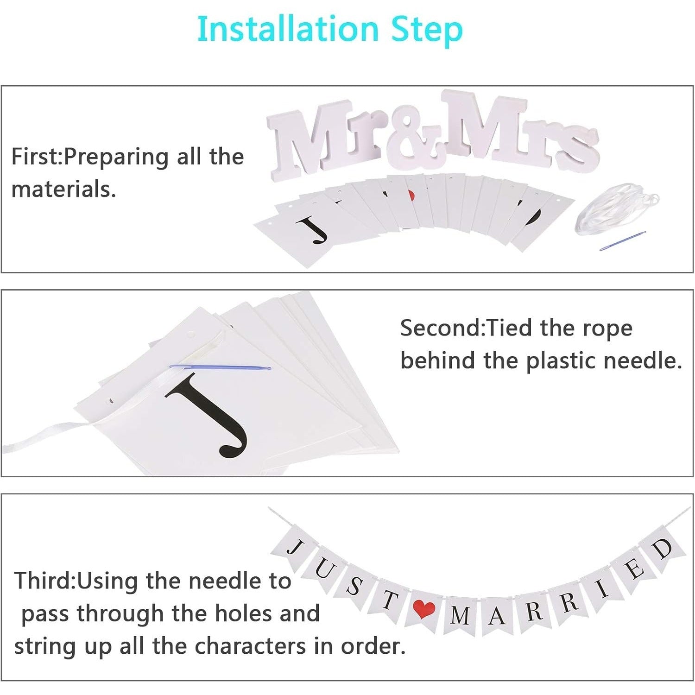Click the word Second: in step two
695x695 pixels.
click(x=442, y=328)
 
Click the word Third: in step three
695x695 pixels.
click(x=44, y=581)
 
